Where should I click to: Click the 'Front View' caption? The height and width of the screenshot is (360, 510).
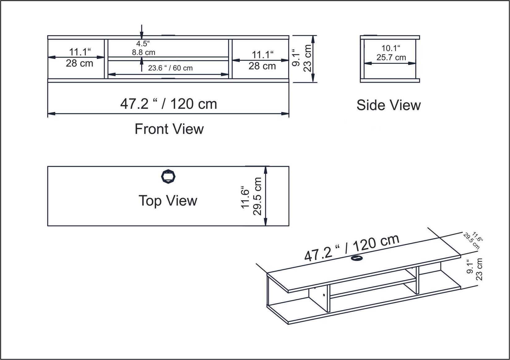(169, 129)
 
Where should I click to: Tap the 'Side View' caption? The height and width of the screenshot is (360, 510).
(388, 105)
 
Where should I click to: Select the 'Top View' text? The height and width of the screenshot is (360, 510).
(167, 201)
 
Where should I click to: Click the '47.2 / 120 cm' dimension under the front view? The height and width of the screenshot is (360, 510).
(168, 104)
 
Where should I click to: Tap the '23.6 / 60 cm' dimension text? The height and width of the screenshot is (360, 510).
(170, 68)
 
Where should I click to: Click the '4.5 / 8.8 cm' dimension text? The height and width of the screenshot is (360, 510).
(143, 48)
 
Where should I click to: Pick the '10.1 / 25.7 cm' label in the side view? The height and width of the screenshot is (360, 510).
(391, 53)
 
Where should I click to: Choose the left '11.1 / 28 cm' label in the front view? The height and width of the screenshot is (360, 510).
(80, 57)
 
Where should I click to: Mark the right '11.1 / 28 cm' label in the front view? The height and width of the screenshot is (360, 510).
(262, 60)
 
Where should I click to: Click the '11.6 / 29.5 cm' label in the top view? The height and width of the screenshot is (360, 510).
(252, 197)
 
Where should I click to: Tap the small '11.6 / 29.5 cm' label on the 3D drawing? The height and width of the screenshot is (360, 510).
(473, 241)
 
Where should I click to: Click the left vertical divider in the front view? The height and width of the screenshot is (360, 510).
(106, 59)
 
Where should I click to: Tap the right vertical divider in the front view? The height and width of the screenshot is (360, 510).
(230, 59)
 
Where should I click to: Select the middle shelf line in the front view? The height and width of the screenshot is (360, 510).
(168, 59)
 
